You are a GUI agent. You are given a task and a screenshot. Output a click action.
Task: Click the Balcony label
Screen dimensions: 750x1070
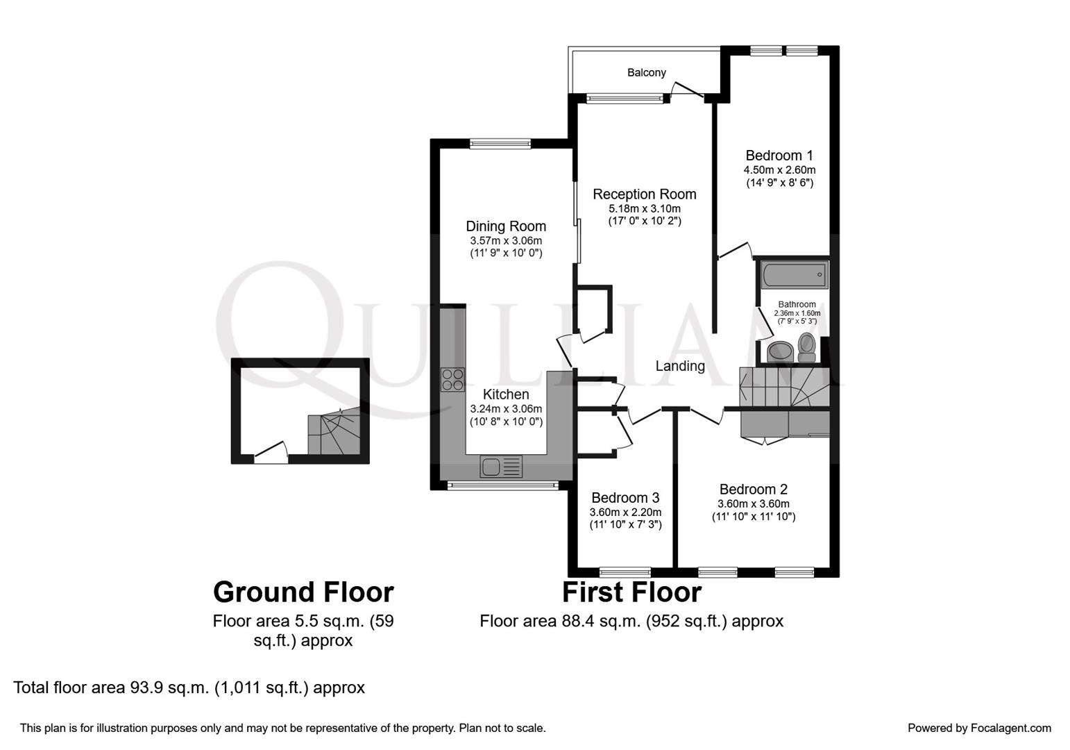point(646,72)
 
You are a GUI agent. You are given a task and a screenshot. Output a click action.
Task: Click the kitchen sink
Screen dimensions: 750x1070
point(501,467)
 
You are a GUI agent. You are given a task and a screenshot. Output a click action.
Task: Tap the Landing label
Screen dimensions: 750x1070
point(680,366)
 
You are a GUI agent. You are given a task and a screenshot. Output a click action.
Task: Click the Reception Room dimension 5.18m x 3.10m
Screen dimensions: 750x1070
point(644,208)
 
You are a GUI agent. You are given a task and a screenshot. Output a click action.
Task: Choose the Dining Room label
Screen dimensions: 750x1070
point(505,226)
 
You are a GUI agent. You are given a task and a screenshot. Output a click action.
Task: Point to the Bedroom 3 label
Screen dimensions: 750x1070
point(625,498)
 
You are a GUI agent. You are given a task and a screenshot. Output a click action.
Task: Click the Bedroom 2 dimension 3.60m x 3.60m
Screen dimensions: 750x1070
point(753,504)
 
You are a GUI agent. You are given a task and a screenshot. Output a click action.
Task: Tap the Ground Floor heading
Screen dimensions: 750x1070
point(303,592)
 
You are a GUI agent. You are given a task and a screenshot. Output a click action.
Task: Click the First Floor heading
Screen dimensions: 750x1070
point(631,592)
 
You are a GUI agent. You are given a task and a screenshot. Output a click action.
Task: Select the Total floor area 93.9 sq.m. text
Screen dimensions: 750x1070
point(189,687)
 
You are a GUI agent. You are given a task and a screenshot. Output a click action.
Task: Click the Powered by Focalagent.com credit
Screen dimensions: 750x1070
point(979,728)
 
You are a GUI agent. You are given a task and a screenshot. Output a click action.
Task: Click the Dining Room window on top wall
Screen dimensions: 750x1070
point(500,144)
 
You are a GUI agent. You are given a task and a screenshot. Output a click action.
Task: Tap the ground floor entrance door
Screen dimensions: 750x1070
point(271,453)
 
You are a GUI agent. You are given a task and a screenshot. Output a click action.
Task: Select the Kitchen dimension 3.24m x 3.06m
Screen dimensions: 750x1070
point(506,409)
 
